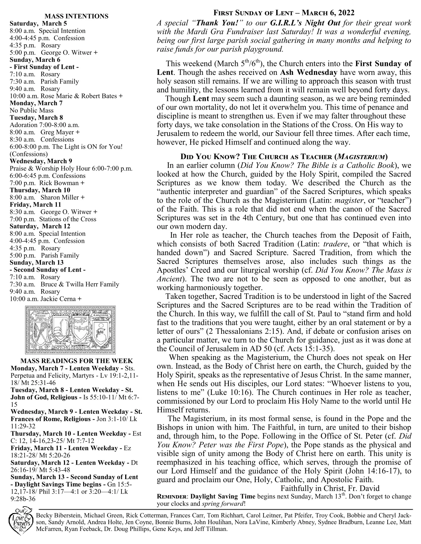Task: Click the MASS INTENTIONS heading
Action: (76, 16)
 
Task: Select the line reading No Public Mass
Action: (32, 110)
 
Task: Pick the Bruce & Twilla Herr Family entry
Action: (80, 284)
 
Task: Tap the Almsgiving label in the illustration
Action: (100, 315)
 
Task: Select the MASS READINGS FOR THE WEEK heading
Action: (77, 361)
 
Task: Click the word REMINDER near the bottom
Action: (172, 497)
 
